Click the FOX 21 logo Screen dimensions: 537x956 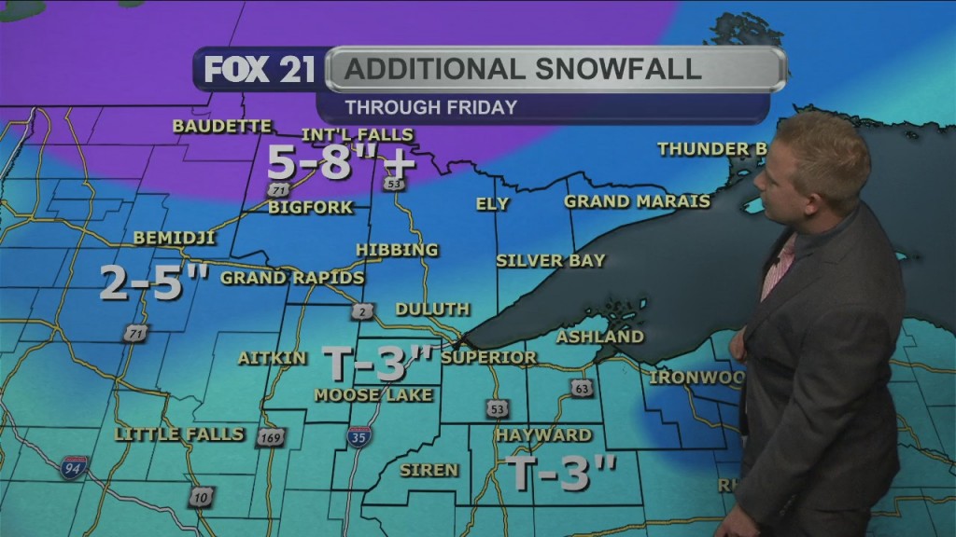coord(259,70)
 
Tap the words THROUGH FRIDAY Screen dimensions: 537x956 coord(430,107)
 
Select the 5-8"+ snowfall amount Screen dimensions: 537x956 coord(341,164)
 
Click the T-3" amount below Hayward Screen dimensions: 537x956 coord(560,473)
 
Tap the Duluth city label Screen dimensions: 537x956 coord(432,309)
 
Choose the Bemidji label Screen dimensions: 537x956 coord(174,238)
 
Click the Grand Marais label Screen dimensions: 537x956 coord(637,201)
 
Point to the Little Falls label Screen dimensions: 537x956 coord(179,434)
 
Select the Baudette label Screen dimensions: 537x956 coord(222,126)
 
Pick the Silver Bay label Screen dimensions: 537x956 coord(550,260)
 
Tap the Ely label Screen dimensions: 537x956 coord(492,203)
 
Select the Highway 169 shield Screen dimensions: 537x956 coord(270,437)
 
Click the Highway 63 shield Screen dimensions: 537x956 coord(583,388)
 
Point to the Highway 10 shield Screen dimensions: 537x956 coord(201,496)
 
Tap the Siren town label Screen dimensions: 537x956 coord(429,470)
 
